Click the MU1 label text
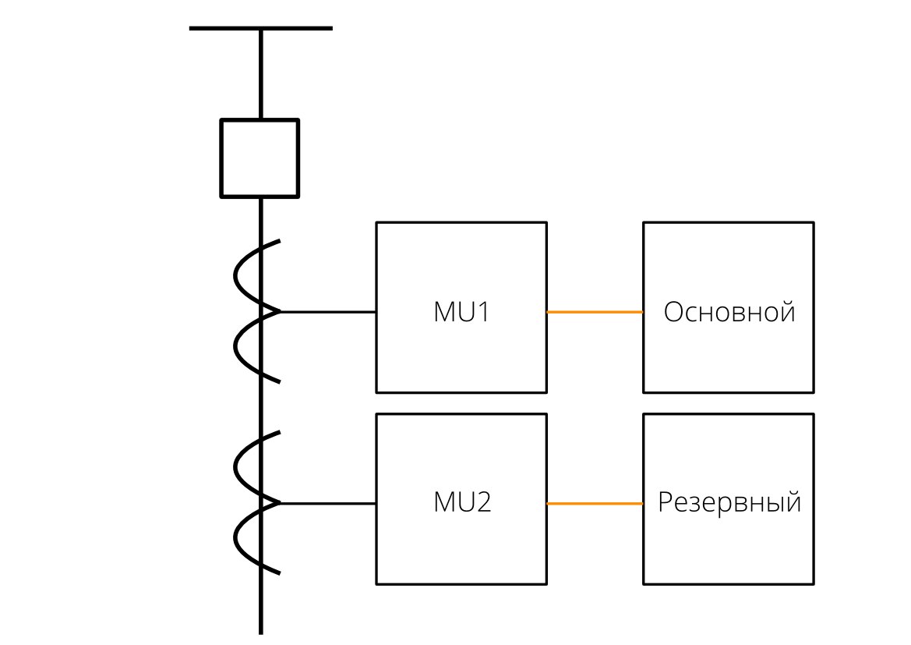pyautogui.click(x=461, y=312)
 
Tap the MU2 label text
pyautogui.click(x=462, y=502)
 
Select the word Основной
pyautogui.click(x=729, y=312)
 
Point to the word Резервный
pyautogui.click(x=729, y=502)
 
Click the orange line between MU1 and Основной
pyautogui.click(x=595, y=312)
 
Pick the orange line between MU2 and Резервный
pyautogui.click(x=595, y=504)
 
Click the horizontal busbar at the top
pyautogui.click(x=261, y=28)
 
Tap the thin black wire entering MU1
pyautogui.click(x=328, y=312)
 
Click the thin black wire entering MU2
pyautogui.click(x=328, y=504)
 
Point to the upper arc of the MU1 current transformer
pyautogui.click(x=235, y=276)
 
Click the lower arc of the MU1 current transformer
pyautogui.click(x=235, y=346)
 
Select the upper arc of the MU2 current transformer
pyautogui.click(x=235, y=468)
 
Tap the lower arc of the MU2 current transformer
pyautogui.click(x=235, y=539)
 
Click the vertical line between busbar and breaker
pyautogui.click(x=261, y=74)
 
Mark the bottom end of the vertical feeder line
pyautogui.click(x=261, y=633)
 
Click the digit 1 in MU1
pyautogui.click(x=483, y=312)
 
